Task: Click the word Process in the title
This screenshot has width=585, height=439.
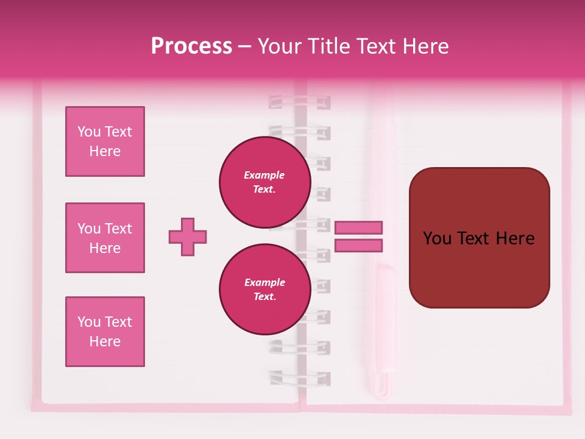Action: coord(191,46)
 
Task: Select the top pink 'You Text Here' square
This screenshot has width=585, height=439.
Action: coord(105,141)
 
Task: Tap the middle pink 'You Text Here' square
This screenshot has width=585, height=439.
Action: coord(105,238)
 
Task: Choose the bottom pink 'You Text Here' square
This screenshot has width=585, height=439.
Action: coord(105,332)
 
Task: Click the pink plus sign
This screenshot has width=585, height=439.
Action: coord(188,237)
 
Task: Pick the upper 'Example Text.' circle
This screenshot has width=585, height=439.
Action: coord(264,182)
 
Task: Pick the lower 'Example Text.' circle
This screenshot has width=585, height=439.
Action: coord(264,290)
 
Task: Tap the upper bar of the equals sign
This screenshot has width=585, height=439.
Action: coord(358,227)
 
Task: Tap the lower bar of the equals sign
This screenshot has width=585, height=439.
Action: coord(358,245)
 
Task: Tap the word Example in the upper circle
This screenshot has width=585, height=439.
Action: coord(264,176)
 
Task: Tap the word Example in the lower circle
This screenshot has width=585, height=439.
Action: coord(264,283)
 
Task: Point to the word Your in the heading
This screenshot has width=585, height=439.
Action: coord(280,46)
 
